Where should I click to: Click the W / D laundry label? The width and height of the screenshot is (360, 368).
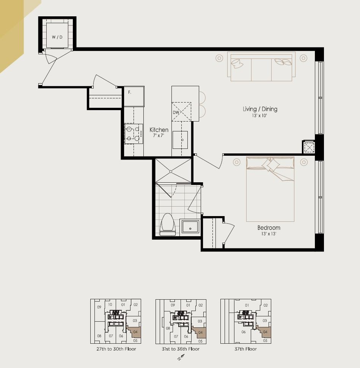[x=57, y=37]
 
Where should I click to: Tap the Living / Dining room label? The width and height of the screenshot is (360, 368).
[x=260, y=109]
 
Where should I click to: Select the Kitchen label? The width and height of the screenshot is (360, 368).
[x=159, y=130]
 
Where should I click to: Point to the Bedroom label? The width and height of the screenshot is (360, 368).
[x=269, y=227]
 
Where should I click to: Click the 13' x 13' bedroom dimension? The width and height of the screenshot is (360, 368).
[x=269, y=234]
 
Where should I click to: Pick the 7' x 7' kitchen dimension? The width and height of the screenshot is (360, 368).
[x=159, y=136]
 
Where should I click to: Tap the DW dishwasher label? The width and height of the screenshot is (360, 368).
[x=176, y=112]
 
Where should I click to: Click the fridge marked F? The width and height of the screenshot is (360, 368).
[x=134, y=96]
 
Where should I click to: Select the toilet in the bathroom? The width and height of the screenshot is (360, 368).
[x=168, y=224]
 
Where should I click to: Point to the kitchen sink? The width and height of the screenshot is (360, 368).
[x=180, y=140]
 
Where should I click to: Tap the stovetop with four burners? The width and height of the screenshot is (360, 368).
[x=134, y=134]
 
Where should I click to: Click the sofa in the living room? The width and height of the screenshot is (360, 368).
[x=261, y=66]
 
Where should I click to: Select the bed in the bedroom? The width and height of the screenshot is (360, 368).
[x=270, y=189]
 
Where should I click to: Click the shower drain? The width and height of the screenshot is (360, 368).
[x=171, y=172]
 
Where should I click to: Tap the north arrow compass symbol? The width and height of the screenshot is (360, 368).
[x=181, y=358]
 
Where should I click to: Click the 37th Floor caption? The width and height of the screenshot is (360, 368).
[x=245, y=349]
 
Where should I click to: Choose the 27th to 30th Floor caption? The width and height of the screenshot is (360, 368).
[x=116, y=349]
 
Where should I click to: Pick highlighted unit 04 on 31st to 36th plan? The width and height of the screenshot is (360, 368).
[x=200, y=332]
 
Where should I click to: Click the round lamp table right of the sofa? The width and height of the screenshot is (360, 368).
[x=303, y=58]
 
